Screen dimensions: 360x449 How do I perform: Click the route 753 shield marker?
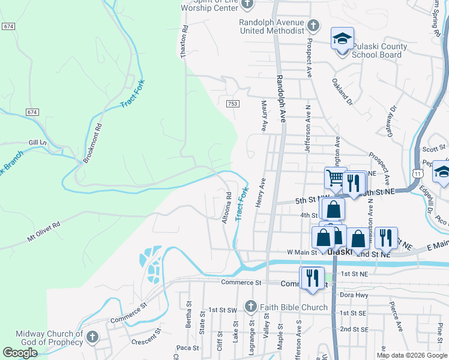click(x=233, y=104)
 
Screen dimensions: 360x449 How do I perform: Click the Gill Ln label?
click(x=38, y=142)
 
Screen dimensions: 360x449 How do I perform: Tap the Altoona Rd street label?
click(x=227, y=208)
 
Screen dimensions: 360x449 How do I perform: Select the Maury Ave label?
click(x=264, y=116)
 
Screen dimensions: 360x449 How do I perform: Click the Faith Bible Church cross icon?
click(x=252, y=307)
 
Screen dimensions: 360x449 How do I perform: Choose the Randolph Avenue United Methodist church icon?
click(x=313, y=26)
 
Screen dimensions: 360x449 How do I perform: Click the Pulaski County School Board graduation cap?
click(x=342, y=38)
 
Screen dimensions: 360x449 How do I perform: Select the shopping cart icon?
click(x=336, y=178)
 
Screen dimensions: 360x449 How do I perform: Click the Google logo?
click(x=20, y=353)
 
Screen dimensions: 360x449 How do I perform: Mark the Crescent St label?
click(x=144, y=335)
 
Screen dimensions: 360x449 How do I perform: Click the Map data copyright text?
click(x=412, y=355)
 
